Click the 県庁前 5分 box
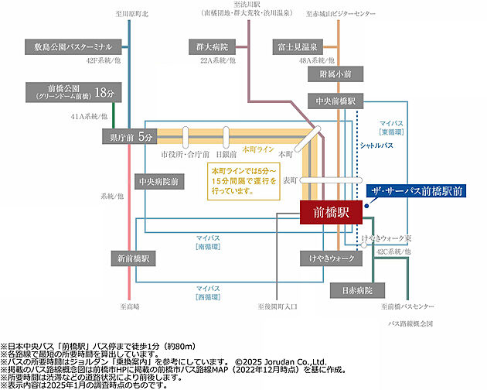(x=129, y=137)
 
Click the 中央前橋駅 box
(x=335, y=101)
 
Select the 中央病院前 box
(x=158, y=182)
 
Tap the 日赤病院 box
(x=357, y=290)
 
